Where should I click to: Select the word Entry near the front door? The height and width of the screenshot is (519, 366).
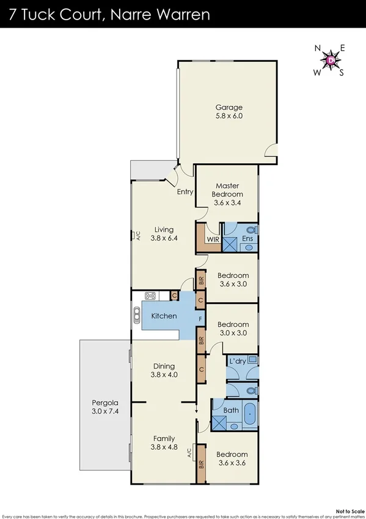tap(185, 192)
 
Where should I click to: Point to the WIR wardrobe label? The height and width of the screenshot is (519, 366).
tap(213, 239)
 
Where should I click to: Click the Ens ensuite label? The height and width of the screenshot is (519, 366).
tap(247, 239)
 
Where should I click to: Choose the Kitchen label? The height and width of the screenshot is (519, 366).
tap(164, 316)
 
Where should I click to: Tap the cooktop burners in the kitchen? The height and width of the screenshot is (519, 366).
tap(150, 296)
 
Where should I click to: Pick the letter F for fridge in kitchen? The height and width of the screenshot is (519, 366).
tap(200, 319)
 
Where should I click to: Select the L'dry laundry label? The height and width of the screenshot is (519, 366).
tap(236, 362)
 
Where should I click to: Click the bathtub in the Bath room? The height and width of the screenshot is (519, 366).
tap(250, 414)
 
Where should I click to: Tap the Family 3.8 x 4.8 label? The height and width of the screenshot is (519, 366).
tap(164, 443)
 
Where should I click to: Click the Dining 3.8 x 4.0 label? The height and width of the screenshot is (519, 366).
tap(164, 371)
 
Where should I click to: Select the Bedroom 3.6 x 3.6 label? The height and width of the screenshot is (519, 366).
tap(232, 459)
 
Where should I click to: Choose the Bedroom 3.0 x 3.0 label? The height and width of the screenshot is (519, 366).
tap(233, 329)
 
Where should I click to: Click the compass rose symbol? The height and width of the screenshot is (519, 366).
tap(331, 60)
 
